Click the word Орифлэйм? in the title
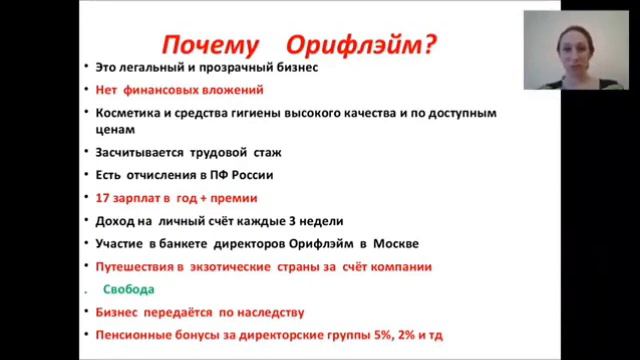361,44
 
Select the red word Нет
107,90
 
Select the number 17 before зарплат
102,197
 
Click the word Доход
113,219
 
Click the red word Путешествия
138,267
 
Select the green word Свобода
130,290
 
